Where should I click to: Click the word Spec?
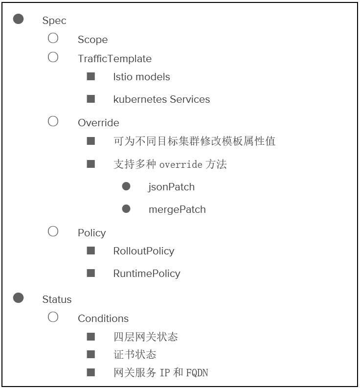[54, 21]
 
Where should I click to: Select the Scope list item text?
[92, 40]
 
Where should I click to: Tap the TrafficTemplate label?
[114, 59]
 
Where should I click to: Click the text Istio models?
[141, 77]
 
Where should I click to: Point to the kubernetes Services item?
[161, 99]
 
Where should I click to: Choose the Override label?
[98, 122]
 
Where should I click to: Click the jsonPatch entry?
[171, 187]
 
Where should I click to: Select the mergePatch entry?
[177, 209]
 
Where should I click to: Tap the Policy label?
[91, 232]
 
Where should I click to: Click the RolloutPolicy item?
[143, 251]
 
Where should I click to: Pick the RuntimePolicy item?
[146, 274]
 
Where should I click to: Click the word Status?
[57, 299]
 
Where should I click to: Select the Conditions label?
[103, 319]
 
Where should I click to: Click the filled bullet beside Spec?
[19, 19]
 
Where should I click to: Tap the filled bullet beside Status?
[19, 298]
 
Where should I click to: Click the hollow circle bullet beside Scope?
[53, 38]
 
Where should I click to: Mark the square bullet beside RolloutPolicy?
[91, 251]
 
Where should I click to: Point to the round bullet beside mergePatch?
[126, 209]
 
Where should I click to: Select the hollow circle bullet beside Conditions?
[53, 317]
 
